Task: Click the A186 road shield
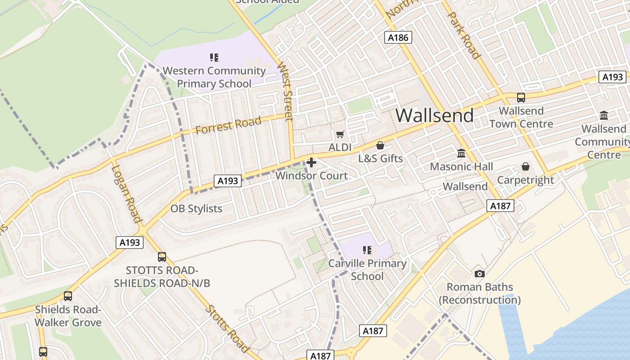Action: (399, 37)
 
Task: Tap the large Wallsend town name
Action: (434, 116)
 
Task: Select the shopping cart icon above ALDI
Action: (340, 134)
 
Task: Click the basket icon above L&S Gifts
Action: (380, 145)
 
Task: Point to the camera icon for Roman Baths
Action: (480, 274)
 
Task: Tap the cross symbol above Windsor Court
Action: (311, 162)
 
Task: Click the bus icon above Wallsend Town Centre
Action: (521, 97)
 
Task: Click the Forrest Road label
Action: (228, 125)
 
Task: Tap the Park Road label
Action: (463, 35)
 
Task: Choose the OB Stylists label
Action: (196, 209)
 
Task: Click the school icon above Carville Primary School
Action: (367, 250)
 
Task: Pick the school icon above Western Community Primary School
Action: (214, 57)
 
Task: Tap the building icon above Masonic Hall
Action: (461, 153)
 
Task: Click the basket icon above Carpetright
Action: (525, 166)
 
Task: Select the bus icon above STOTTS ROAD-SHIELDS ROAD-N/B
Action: (162, 257)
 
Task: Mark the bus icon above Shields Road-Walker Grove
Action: (68, 296)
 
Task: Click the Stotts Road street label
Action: (227, 329)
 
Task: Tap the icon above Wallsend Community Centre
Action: (604, 115)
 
